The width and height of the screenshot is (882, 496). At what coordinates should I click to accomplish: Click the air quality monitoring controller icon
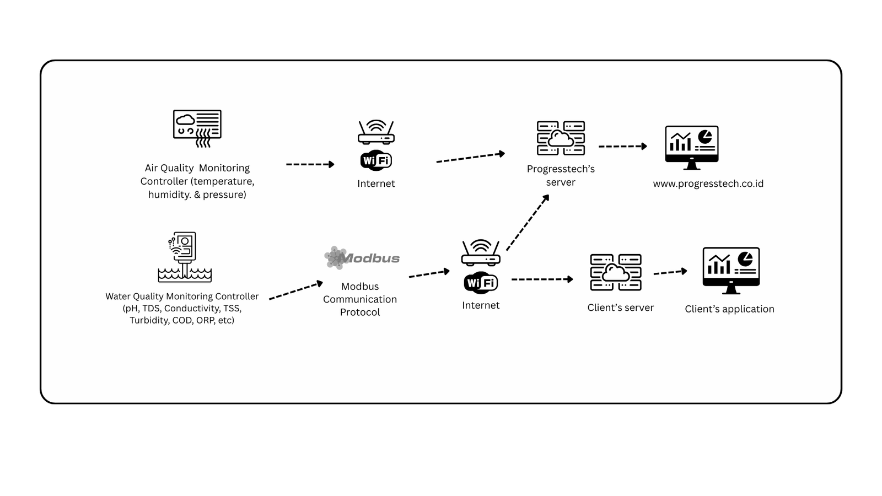tap(197, 128)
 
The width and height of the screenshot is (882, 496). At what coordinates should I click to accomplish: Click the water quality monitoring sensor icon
tap(185, 257)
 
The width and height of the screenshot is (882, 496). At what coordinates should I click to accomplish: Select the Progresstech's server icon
tap(561, 138)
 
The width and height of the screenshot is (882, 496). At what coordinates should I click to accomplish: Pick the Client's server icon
tap(616, 272)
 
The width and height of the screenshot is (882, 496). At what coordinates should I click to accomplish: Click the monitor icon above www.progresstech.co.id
tap(692, 147)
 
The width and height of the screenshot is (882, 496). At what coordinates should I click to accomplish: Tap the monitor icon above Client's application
tap(731, 269)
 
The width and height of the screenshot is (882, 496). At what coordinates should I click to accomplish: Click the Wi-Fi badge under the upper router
tap(376, 160)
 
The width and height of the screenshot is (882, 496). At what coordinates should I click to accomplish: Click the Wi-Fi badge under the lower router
tap(481, 283)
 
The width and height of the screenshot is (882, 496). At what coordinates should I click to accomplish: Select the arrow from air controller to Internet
tap(310, 164)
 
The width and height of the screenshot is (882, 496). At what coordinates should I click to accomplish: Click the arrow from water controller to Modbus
tap(296, 291)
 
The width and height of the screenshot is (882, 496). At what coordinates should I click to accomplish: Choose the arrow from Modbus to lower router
tap(429, 274)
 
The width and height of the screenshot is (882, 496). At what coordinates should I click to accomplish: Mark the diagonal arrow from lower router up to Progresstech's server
tap(528, 223)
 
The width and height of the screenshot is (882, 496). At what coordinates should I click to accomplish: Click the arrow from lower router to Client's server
tap(542, 279)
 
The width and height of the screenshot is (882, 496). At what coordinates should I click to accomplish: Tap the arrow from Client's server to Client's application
tap(670, 272)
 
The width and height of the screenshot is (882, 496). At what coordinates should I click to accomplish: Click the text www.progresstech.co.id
tap(708, 184)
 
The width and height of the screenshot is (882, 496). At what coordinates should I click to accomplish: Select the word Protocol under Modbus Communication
tap(360, 312)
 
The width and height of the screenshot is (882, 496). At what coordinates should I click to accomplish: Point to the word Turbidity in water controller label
tap(148, 320)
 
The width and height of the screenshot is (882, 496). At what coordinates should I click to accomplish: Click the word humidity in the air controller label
tap(168, 195)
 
